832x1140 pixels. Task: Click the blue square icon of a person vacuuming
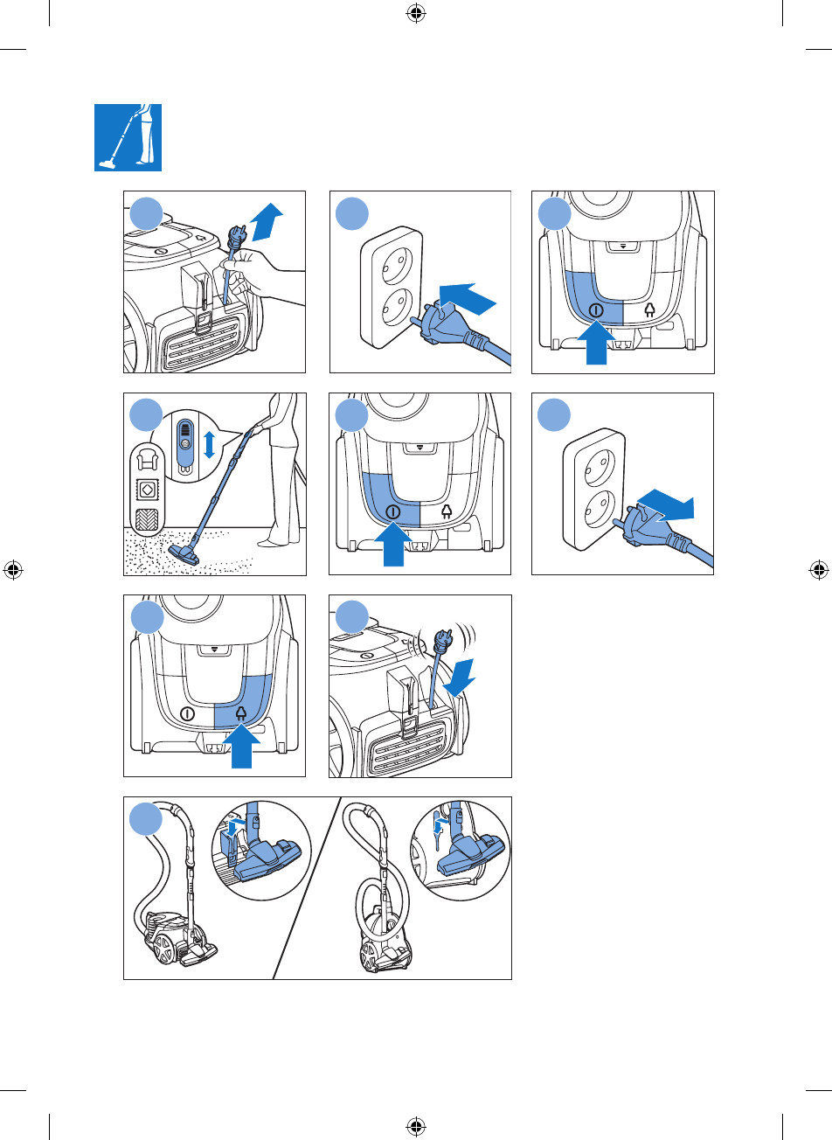[x=128, y=137]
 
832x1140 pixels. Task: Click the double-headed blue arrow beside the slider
[x=209, y=444]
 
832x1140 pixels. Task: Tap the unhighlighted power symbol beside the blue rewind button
[x=186, y=713]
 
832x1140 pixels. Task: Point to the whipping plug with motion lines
[x=442, y=643]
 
